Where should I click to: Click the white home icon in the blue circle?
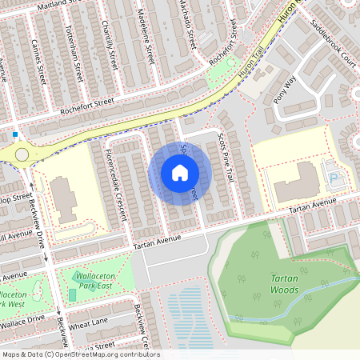pyautogui.click(x=180, y=173)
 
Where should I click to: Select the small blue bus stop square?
pyautogui.click(x=14, y=134)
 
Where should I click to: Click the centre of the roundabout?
pyautogui.click(x=21, y=154)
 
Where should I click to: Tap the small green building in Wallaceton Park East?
pyautogui.click(x=73, y=295)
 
